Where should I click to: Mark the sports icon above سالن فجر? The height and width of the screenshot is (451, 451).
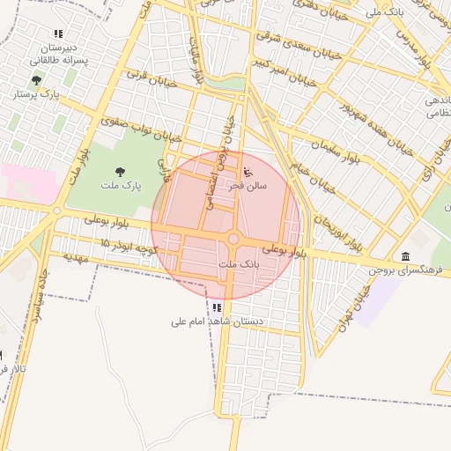coord(248,170)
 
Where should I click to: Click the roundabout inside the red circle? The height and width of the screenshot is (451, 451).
coord(234,240)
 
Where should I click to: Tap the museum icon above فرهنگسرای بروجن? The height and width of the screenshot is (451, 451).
coord(405,256)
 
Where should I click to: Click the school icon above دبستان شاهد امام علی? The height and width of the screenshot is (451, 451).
coord(217,307)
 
